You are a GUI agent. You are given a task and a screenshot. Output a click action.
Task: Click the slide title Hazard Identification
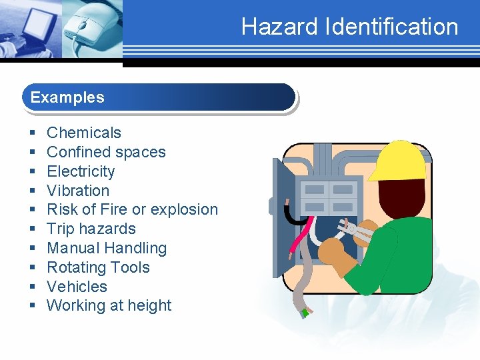coord(349,27)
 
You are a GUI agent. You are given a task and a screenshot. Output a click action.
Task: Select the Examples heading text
coord(67,97)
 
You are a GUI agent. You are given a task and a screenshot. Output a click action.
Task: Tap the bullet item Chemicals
coord(84,133)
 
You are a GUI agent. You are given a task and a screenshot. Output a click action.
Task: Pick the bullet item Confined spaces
coord(106,152)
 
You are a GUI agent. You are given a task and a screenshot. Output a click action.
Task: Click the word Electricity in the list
coord(81,171)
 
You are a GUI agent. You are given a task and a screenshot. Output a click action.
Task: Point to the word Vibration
coord(78,191)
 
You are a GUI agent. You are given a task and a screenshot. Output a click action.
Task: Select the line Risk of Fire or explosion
coord(132,209)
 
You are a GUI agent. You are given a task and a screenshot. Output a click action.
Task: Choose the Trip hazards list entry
coord(91,229)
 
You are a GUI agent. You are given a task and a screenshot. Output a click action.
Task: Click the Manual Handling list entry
coord(107,248)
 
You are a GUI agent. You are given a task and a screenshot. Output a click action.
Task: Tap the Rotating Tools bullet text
coord(98,267)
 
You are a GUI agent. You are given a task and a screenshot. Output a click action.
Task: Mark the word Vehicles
coord(77,287)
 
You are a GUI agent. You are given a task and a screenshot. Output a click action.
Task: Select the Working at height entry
coord(109,306)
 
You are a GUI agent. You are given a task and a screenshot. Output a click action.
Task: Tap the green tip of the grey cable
coord(305,311)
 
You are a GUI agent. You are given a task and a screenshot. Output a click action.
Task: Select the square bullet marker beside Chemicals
coord(32,133)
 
